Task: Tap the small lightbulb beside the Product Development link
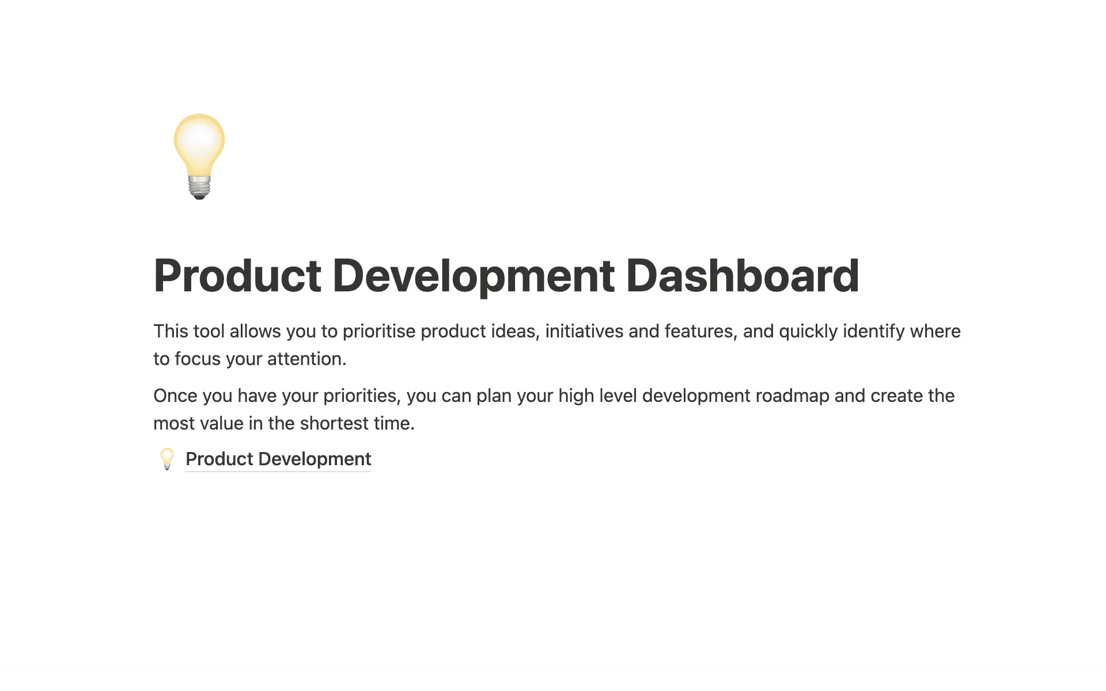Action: [x=167, y=459]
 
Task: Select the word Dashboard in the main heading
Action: [x=743, y=276]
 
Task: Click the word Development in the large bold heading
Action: [x=474, y=276]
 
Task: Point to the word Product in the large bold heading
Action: [x=237, y=276]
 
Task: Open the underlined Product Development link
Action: [x=278, y=459]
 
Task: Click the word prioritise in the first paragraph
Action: [x=378, y=331]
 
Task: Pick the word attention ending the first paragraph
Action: [x=306, y=359]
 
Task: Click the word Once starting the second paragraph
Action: [x=175, y=396]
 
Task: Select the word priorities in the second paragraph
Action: [x=361, y=396]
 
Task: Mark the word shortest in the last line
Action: [x=334, y=423]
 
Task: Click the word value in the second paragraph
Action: [x=221, y=423]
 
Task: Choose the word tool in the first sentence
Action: [x=209, y=331]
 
